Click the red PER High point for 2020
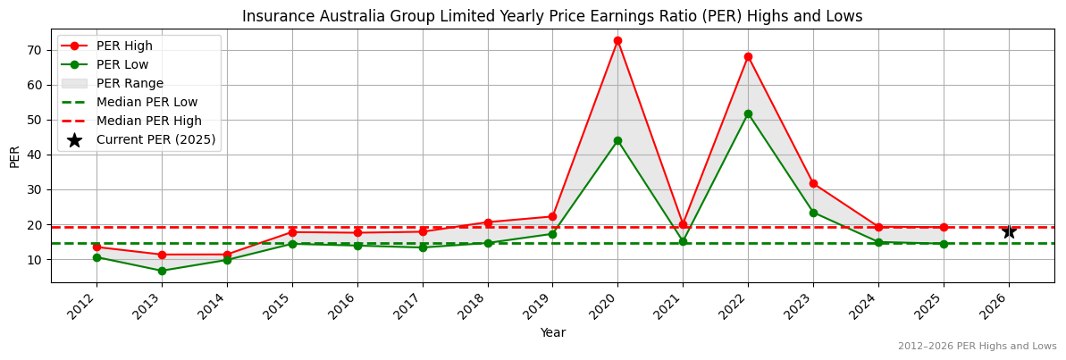tap(617, 40)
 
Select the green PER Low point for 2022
tap(748, 113)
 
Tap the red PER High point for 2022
tap(748, 56)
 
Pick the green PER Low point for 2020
tap(617, 140)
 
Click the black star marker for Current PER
tap(1009, 231)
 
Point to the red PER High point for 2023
tap(813, 183)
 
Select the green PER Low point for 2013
tap(162, 271)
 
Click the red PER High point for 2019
tap(552, 216)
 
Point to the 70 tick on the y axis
tap(34, 50)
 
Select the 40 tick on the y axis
tap(34, 155)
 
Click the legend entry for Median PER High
tap(149, 121)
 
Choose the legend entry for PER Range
tap(130, 83)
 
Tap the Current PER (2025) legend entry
tap(155, 139)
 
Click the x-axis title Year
tap(552, 332)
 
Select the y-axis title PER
tap(14, 155)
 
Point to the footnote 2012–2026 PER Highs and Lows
tap(977, 347)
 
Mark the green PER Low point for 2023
tap(813, 213)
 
